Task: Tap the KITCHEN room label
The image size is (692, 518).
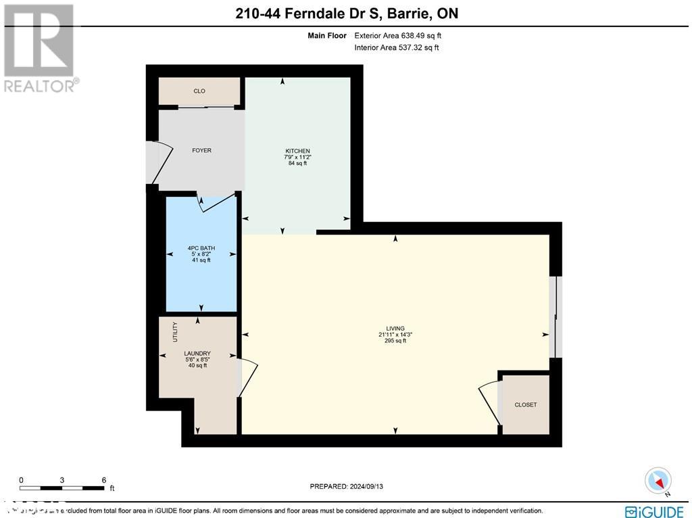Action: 297,151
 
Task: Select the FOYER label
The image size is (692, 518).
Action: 201,150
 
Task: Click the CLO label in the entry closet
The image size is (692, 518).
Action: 199,91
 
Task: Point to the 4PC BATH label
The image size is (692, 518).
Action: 201,248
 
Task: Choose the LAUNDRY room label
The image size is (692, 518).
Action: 197,353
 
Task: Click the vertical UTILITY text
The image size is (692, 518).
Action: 174,331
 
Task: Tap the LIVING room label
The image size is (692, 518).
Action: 395,329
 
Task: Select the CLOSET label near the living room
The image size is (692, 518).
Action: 525,404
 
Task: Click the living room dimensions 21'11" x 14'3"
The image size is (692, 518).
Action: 395,335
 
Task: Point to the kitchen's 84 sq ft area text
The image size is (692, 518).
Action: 297,163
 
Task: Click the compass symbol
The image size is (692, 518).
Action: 657,480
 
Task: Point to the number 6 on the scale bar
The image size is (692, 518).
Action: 103,479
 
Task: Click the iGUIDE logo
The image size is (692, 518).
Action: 654,511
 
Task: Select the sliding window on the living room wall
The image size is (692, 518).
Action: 555,316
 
